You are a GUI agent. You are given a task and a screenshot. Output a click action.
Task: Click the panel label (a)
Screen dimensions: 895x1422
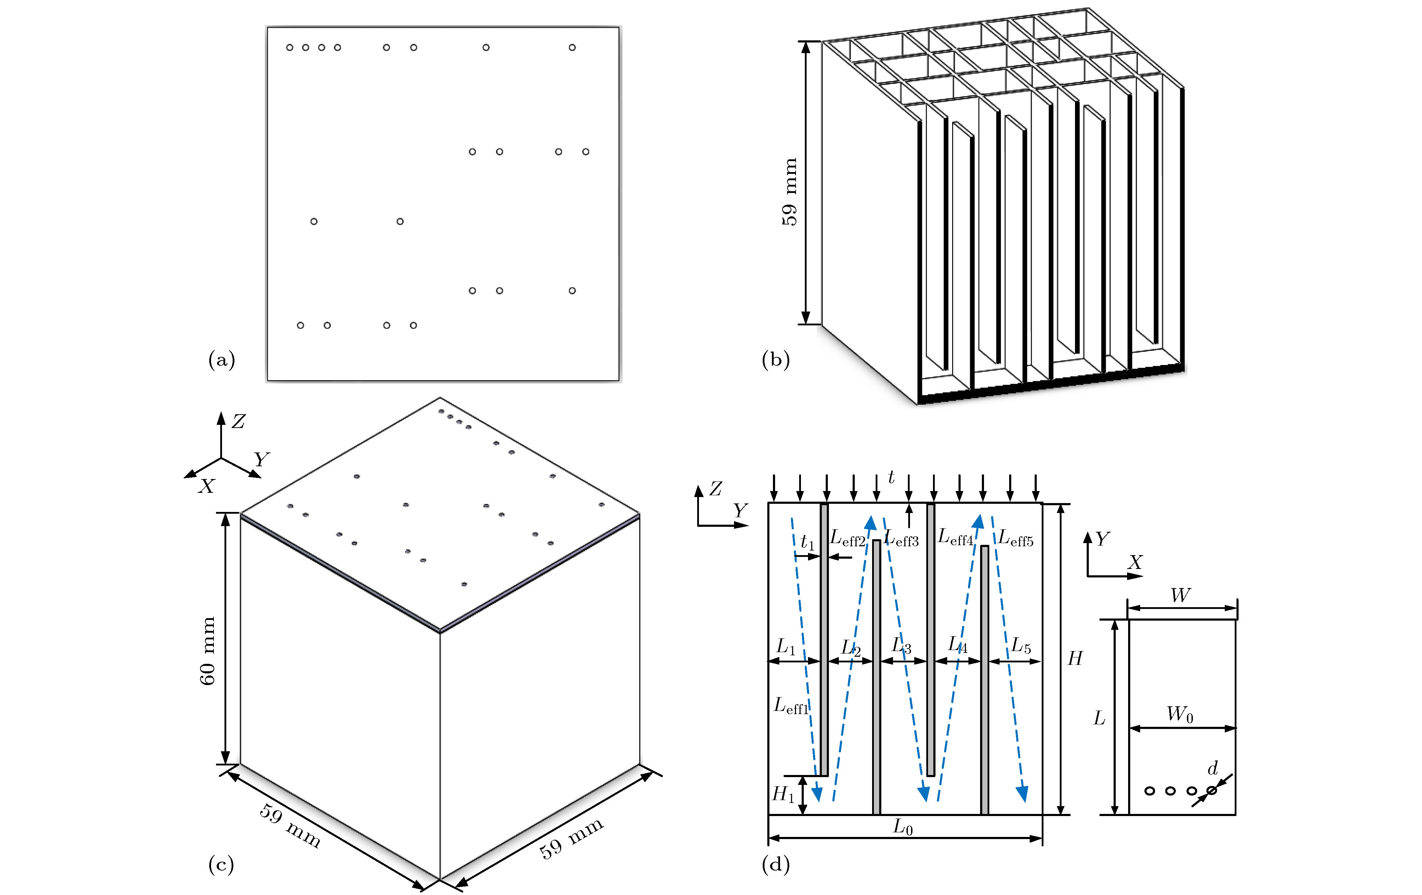[221, 360]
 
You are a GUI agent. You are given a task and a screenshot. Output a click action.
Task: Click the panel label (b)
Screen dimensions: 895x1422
[775, 360]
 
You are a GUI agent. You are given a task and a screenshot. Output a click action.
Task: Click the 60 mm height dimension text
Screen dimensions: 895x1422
[207, 651]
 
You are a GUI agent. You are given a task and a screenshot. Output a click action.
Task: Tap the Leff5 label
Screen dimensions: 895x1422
[1016, 539]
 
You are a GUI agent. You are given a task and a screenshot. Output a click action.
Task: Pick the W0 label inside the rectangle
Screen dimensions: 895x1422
[1180, 714]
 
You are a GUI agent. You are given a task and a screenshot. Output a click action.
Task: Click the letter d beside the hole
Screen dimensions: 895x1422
[1212, 768]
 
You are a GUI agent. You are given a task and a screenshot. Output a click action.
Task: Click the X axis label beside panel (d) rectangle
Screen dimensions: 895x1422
[1134, 562]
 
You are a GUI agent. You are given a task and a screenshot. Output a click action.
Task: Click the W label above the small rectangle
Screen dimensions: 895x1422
[1180, 595]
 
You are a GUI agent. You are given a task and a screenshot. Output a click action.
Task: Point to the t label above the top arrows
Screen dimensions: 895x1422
[891, 477]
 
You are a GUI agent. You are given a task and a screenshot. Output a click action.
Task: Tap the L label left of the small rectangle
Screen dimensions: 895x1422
[1099, 718]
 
